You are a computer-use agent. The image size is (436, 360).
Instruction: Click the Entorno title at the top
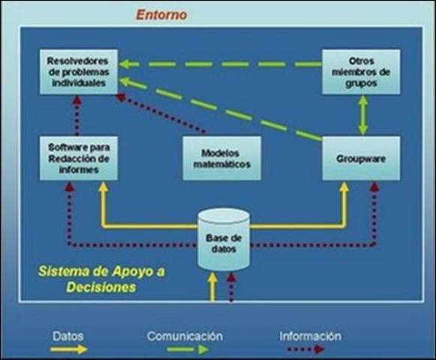161,14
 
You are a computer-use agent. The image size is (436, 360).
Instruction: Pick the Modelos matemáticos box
221,157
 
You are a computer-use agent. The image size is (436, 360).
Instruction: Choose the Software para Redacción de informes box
78,157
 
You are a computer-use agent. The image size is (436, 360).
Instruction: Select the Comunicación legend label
185,336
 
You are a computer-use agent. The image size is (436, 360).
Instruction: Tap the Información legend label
310,336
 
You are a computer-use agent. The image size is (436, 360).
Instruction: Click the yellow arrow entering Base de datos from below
213,286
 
